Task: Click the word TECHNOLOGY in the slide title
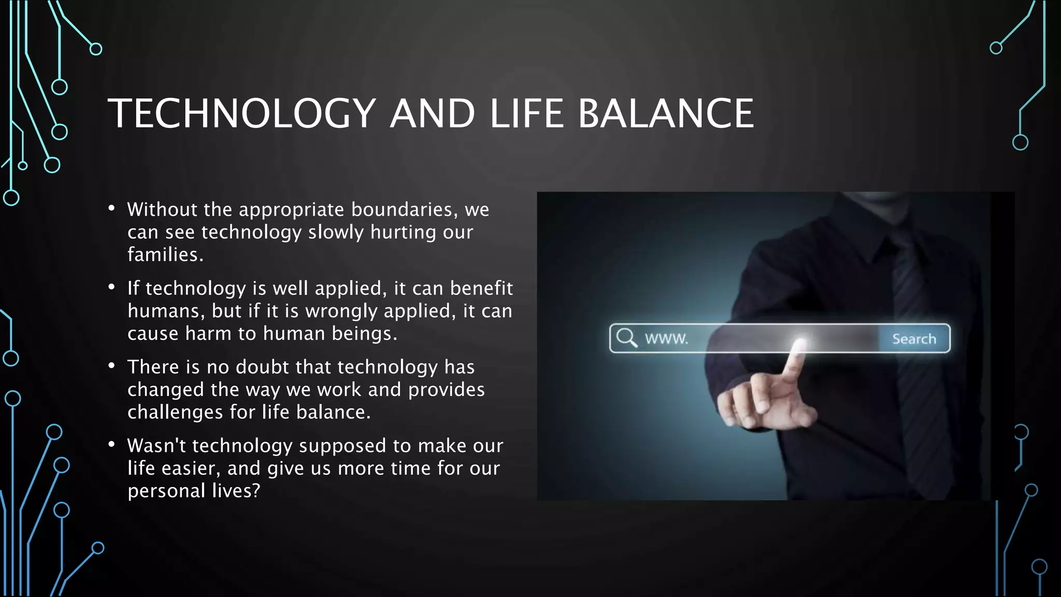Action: [x=241, y=113]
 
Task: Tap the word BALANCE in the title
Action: [x=666, y=113]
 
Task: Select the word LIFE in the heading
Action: [x=526, y=113]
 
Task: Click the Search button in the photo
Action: [x=914, y=339]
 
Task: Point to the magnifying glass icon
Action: [x=626, y=337]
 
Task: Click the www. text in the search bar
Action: [x=666, y=339]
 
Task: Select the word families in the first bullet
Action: [x=165, y=254]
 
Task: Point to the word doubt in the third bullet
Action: [x=262, y=367]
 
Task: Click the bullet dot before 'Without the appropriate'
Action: [x=111, y=208]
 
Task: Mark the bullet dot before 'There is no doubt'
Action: [x=111, y=366]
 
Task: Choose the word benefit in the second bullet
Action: [x=481, y=288]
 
